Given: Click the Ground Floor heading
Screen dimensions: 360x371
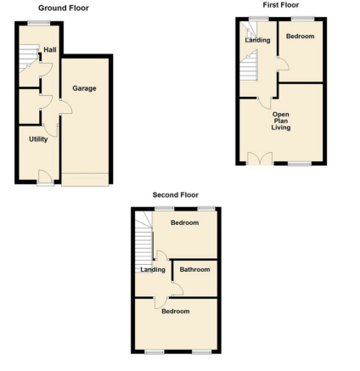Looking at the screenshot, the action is [64, 8].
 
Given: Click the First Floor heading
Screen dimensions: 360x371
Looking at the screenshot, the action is [281, 5].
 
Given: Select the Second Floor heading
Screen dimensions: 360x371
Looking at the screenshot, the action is [176, 194].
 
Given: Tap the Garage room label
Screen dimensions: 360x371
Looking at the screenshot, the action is [84, 88].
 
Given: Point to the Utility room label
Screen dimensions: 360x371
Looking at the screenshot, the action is [38, 139].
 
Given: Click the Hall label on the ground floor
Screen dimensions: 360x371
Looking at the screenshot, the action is [50, 50].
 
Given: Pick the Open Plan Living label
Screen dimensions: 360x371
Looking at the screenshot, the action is [281, 121].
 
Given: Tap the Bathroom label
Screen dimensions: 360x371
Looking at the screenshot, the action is [194, 269].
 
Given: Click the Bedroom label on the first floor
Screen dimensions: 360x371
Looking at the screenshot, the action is [300, 37].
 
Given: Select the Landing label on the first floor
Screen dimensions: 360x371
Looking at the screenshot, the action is [257, 40].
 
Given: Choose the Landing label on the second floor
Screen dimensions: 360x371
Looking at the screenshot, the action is [153, 269].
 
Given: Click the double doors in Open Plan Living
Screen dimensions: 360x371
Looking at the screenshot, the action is [260, 158].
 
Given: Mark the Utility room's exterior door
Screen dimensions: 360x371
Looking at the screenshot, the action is [45, 177].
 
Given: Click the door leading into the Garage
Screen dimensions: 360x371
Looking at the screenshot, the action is [66, 107].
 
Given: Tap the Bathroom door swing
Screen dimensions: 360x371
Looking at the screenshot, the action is [177, 289].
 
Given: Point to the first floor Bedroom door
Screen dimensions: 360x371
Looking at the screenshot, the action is [283, 64].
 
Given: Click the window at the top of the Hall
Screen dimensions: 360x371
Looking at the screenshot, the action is [39, 24].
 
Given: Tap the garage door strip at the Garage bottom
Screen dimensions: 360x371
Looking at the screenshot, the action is [85, 179].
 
